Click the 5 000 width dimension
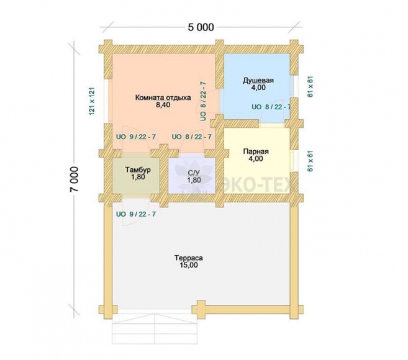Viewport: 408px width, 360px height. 201,27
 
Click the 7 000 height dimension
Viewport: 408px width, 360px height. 74,179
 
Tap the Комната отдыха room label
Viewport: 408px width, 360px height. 163,98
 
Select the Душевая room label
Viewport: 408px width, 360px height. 258,80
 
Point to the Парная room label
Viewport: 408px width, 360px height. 256,151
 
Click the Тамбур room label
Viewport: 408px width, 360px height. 138,170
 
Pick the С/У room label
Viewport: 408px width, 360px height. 194,173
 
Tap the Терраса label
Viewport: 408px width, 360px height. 189,258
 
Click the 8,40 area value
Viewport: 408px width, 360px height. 163,105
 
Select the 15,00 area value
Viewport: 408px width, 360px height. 189,265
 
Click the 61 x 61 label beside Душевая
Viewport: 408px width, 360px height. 310,87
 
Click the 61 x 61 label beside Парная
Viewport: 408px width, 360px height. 310,161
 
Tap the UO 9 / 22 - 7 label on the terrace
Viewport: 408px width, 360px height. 136,214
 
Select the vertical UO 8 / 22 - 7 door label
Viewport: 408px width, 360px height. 203,101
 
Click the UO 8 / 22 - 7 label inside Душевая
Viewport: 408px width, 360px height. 271,107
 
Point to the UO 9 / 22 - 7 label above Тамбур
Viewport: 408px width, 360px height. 136,137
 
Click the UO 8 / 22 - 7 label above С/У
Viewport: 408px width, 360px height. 192,137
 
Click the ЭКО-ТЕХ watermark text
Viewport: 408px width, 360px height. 258,185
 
